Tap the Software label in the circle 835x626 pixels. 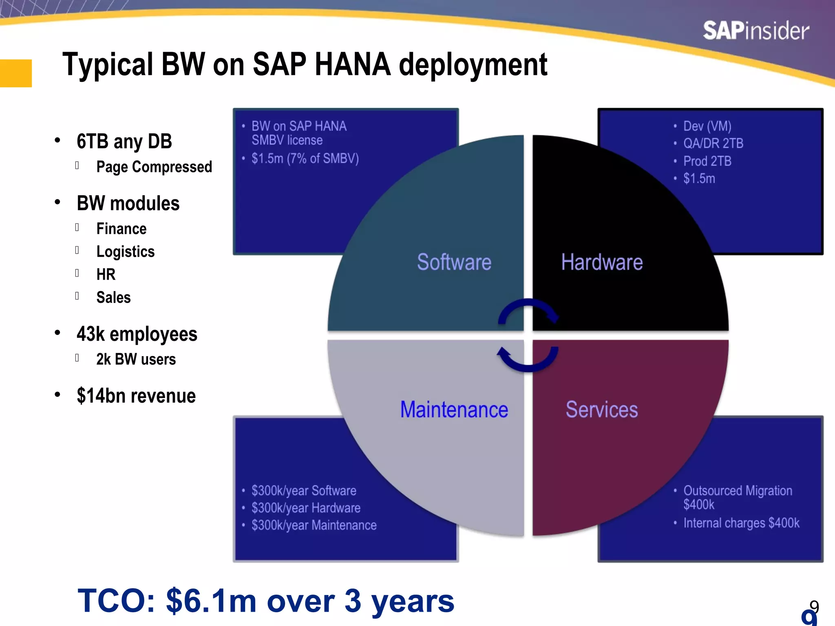454,262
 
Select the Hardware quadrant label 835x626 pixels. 602,262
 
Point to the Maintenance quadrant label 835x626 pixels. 454,410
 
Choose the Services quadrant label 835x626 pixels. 602,410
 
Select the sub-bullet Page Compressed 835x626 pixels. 154,167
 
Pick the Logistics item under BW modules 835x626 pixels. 126,252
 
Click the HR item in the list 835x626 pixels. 106,275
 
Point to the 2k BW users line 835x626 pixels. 136,359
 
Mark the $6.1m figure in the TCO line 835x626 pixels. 211,601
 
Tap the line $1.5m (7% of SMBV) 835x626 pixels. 305,159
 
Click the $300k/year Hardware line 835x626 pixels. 306,508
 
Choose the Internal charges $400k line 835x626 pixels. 741,523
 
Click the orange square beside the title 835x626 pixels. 15,73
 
